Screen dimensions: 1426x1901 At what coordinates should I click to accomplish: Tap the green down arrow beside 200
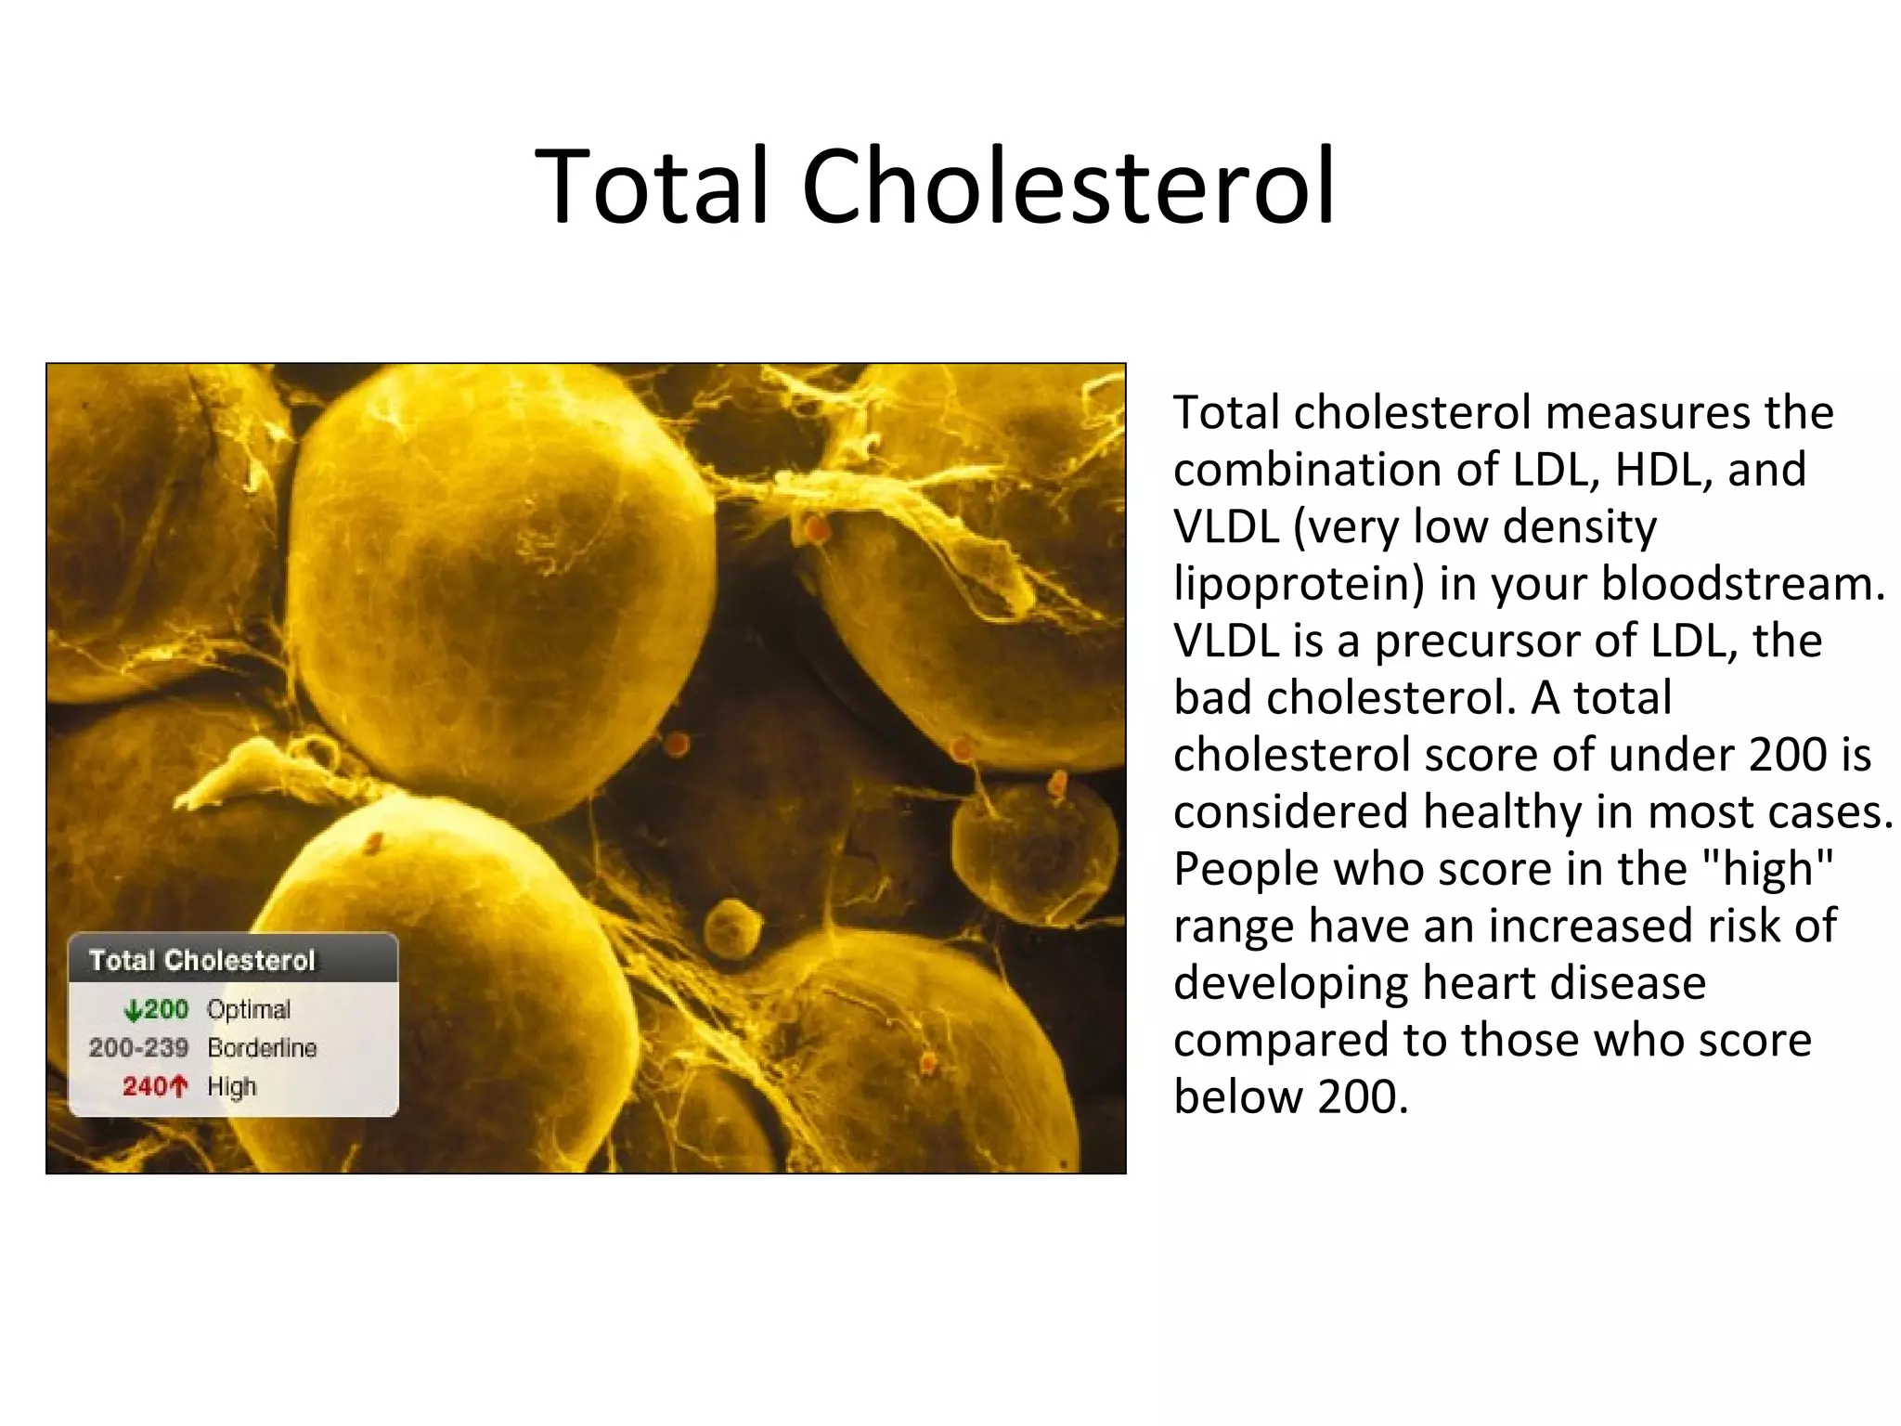(133, 1010)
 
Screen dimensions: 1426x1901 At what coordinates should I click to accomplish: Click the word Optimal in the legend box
(248, 1009)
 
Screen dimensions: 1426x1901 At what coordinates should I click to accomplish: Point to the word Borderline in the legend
(262, 1048)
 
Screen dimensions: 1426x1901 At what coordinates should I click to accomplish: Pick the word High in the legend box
(231, 1086)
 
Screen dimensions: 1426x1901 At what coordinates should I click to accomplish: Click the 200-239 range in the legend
(138, 1048)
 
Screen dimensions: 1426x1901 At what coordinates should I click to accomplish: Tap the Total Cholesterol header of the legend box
(202, 960)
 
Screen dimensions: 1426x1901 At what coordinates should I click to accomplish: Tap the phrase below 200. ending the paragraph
(1290, 1097)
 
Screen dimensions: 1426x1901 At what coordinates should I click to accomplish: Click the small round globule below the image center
(731, 927)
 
